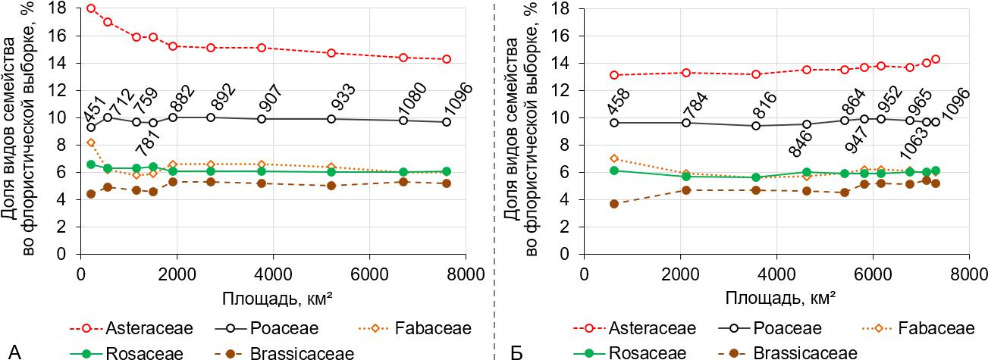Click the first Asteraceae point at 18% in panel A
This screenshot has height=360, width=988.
point(91,8)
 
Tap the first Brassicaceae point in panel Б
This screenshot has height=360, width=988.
point(614,204)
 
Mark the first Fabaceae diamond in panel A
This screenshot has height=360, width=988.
point(91,142)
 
